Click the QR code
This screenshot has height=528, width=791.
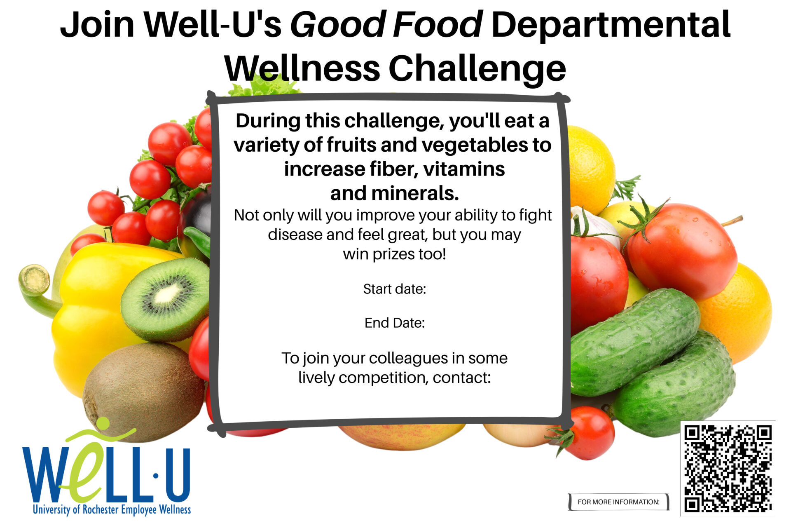[x=728, y=469]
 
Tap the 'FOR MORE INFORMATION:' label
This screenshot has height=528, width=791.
[x=618, y=502]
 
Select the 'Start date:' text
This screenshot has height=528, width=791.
[x=395, y=289]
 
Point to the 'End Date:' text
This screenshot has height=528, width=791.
[x=395, y=323]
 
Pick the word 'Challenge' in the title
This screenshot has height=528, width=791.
[x=477, y=69]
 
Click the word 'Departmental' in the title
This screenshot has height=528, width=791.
[x=611, y=25]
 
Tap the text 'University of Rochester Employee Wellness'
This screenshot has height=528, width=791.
[x=112, y=509]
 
